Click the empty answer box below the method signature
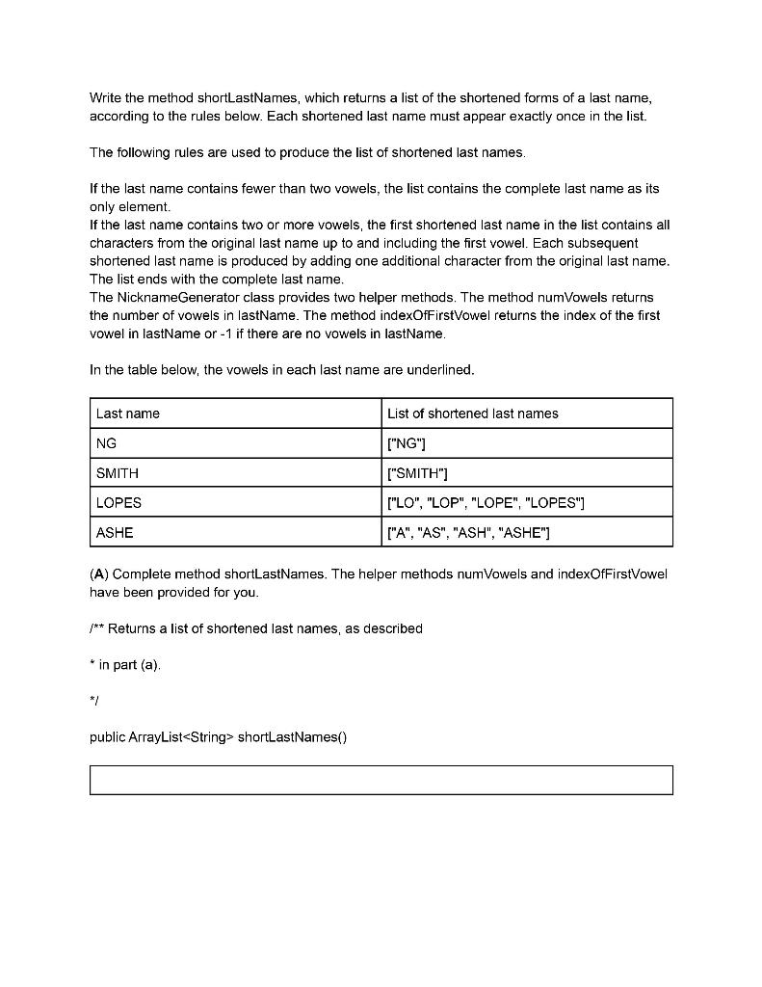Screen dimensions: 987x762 tap(381, 780)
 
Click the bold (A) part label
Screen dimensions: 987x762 tap(99, 574)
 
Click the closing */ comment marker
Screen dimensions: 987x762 tap(94, 702)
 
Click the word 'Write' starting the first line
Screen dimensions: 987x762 tap(105, 97)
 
